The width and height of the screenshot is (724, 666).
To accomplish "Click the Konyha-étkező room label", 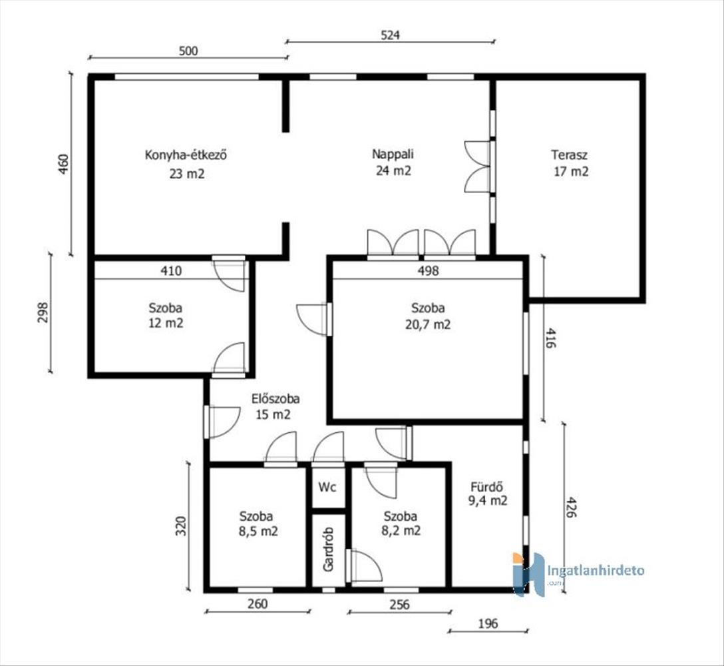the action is pyautogui.click(x=186, y=155).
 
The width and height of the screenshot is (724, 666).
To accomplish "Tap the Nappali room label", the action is pyautogui.click(x=393, y=153).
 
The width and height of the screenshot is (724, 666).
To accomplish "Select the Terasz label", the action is pyautogui.click(x=569, y=155).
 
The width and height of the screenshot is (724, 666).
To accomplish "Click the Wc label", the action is pyautogui.click(x=327, y=487).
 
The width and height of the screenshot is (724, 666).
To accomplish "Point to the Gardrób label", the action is pyautogui.click(x=328, y=549).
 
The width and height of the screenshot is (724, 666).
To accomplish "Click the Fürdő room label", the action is pyautogui.click(x=486, y=486).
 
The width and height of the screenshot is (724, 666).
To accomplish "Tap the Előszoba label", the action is pyautogui.click(x=275, y=398).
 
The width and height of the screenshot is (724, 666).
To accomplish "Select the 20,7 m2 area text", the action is pyautogui.click(x=428, y=324).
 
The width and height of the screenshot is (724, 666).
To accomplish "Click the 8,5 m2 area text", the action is pyautogui.click(x=258, y=531).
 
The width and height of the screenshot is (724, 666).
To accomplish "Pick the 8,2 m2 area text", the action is pyautogui.click(x=401, y=531).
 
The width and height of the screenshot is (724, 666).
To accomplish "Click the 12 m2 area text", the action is pyautogui.click(x=165, y=322).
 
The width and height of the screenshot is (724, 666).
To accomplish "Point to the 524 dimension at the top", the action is pyautogui.click(x=390, y=35).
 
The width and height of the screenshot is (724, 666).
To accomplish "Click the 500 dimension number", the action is pyautogui.click(x=188, y=51).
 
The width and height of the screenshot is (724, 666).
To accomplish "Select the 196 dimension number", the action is pyautogui.click(x=488, y=623).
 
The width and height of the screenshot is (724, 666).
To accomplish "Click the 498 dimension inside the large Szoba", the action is pyautogui.click(x=428, y=270).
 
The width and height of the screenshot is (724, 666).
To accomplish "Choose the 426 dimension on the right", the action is pyautogui.click(x=571, y=507).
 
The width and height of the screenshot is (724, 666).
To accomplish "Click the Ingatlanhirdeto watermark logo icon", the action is pyautogui.click(x=528, y=574).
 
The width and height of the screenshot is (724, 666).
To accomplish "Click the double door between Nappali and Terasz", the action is pyautogui.click(x=479, y=166).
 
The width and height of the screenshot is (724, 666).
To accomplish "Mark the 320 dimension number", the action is pyautogui.click(x=182, y=525).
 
